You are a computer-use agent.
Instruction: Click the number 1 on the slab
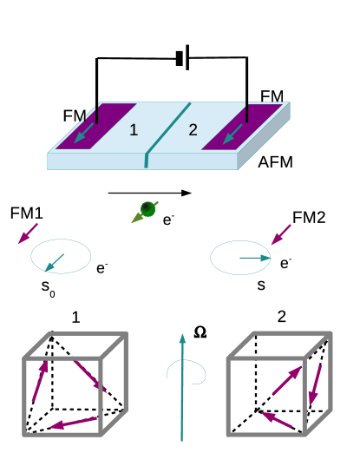134,130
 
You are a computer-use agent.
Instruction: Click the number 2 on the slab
193,130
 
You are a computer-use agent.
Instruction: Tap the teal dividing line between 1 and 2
167,129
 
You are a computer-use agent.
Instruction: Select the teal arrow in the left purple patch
84,133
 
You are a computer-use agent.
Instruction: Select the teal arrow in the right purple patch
232,134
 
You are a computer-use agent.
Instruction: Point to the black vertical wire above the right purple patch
247,111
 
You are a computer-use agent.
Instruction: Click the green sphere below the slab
147,209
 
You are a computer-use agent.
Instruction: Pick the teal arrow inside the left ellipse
54,263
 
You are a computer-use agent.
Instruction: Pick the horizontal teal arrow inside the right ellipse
255,258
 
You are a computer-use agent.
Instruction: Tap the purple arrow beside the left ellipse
28,233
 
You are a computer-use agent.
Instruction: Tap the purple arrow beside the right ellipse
280,235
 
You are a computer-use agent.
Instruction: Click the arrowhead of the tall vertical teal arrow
182,339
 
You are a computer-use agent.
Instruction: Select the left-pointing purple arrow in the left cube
73,423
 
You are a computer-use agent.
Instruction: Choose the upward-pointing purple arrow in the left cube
39,381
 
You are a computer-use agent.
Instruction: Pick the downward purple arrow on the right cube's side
315,385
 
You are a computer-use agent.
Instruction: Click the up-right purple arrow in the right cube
287,380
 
